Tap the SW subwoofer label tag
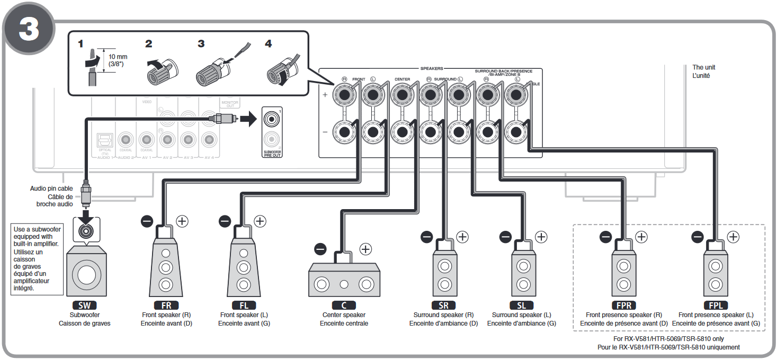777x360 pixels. [x=85, y=305]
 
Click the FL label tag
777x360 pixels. [x=244, y=305]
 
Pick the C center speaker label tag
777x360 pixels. [x=344, y=305]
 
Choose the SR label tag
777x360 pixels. [x=443, y=305]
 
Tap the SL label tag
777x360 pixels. [x=521, y=305]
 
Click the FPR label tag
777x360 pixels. [x=623, y=305]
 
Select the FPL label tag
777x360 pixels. [x=715, y=305]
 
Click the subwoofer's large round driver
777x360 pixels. [x=85, y=275]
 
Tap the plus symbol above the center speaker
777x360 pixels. [x=366, y=248]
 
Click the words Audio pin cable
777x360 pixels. [x=51, y=188]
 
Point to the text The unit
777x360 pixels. [x=703, y=67]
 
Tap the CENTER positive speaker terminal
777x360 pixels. [x=401, y=96]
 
